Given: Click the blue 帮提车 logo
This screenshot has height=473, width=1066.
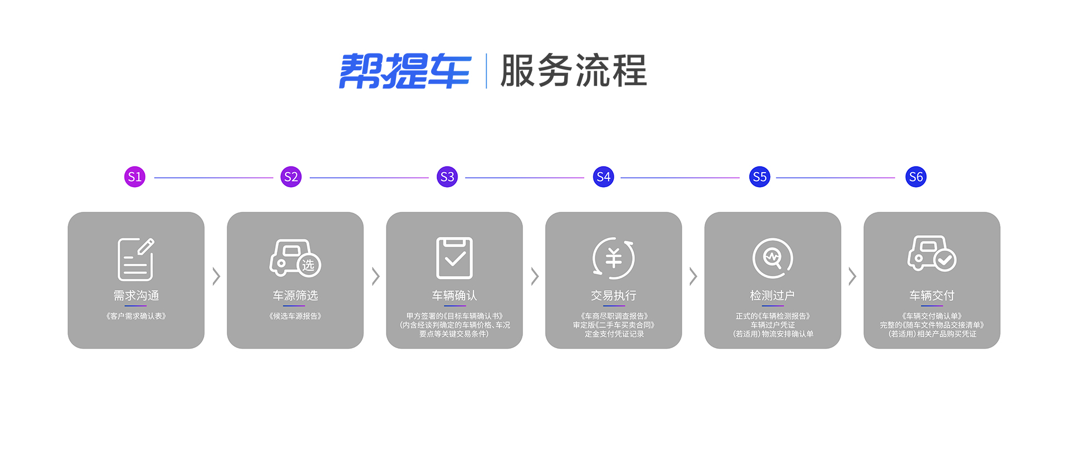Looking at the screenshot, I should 405,71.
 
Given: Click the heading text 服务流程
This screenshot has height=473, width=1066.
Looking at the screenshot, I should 573,71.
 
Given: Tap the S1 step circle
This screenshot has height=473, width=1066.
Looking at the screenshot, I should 135,177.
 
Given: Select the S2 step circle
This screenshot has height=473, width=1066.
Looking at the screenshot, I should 291,177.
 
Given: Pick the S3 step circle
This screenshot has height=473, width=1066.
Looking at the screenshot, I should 447,177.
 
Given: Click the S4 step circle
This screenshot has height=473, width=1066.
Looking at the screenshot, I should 604,177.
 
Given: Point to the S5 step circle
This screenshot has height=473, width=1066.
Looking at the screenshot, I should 760,177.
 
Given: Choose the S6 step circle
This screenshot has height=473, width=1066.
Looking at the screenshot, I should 916,177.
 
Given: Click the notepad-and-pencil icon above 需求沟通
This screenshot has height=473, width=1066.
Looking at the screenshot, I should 136,259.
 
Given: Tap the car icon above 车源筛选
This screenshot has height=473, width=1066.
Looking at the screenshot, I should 295,258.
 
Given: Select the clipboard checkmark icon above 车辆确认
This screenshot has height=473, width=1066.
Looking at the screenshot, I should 454,258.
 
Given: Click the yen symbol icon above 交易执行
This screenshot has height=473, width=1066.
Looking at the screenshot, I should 614,258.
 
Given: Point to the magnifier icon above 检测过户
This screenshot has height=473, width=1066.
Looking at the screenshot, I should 772,258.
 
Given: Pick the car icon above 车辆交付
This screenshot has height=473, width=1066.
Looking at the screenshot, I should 932,253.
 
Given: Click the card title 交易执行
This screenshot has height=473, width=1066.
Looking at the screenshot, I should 614,295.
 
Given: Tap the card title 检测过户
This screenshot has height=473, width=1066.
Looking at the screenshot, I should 772,295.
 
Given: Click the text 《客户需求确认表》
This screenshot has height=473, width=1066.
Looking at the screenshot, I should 136,316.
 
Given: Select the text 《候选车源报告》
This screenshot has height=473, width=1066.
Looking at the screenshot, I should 295,316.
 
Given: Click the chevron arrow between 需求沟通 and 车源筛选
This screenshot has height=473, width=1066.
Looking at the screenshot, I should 216,276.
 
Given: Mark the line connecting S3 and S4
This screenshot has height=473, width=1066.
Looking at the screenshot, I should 525,178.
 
